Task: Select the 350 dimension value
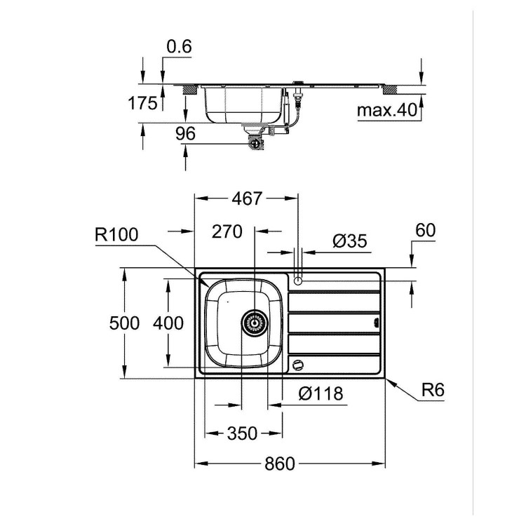point(242,433)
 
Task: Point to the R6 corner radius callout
point(434,389)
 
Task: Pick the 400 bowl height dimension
point(169,323)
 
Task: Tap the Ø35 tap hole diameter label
point(349,241)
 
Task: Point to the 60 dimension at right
point(426,229)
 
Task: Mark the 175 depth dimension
point(142,104)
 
